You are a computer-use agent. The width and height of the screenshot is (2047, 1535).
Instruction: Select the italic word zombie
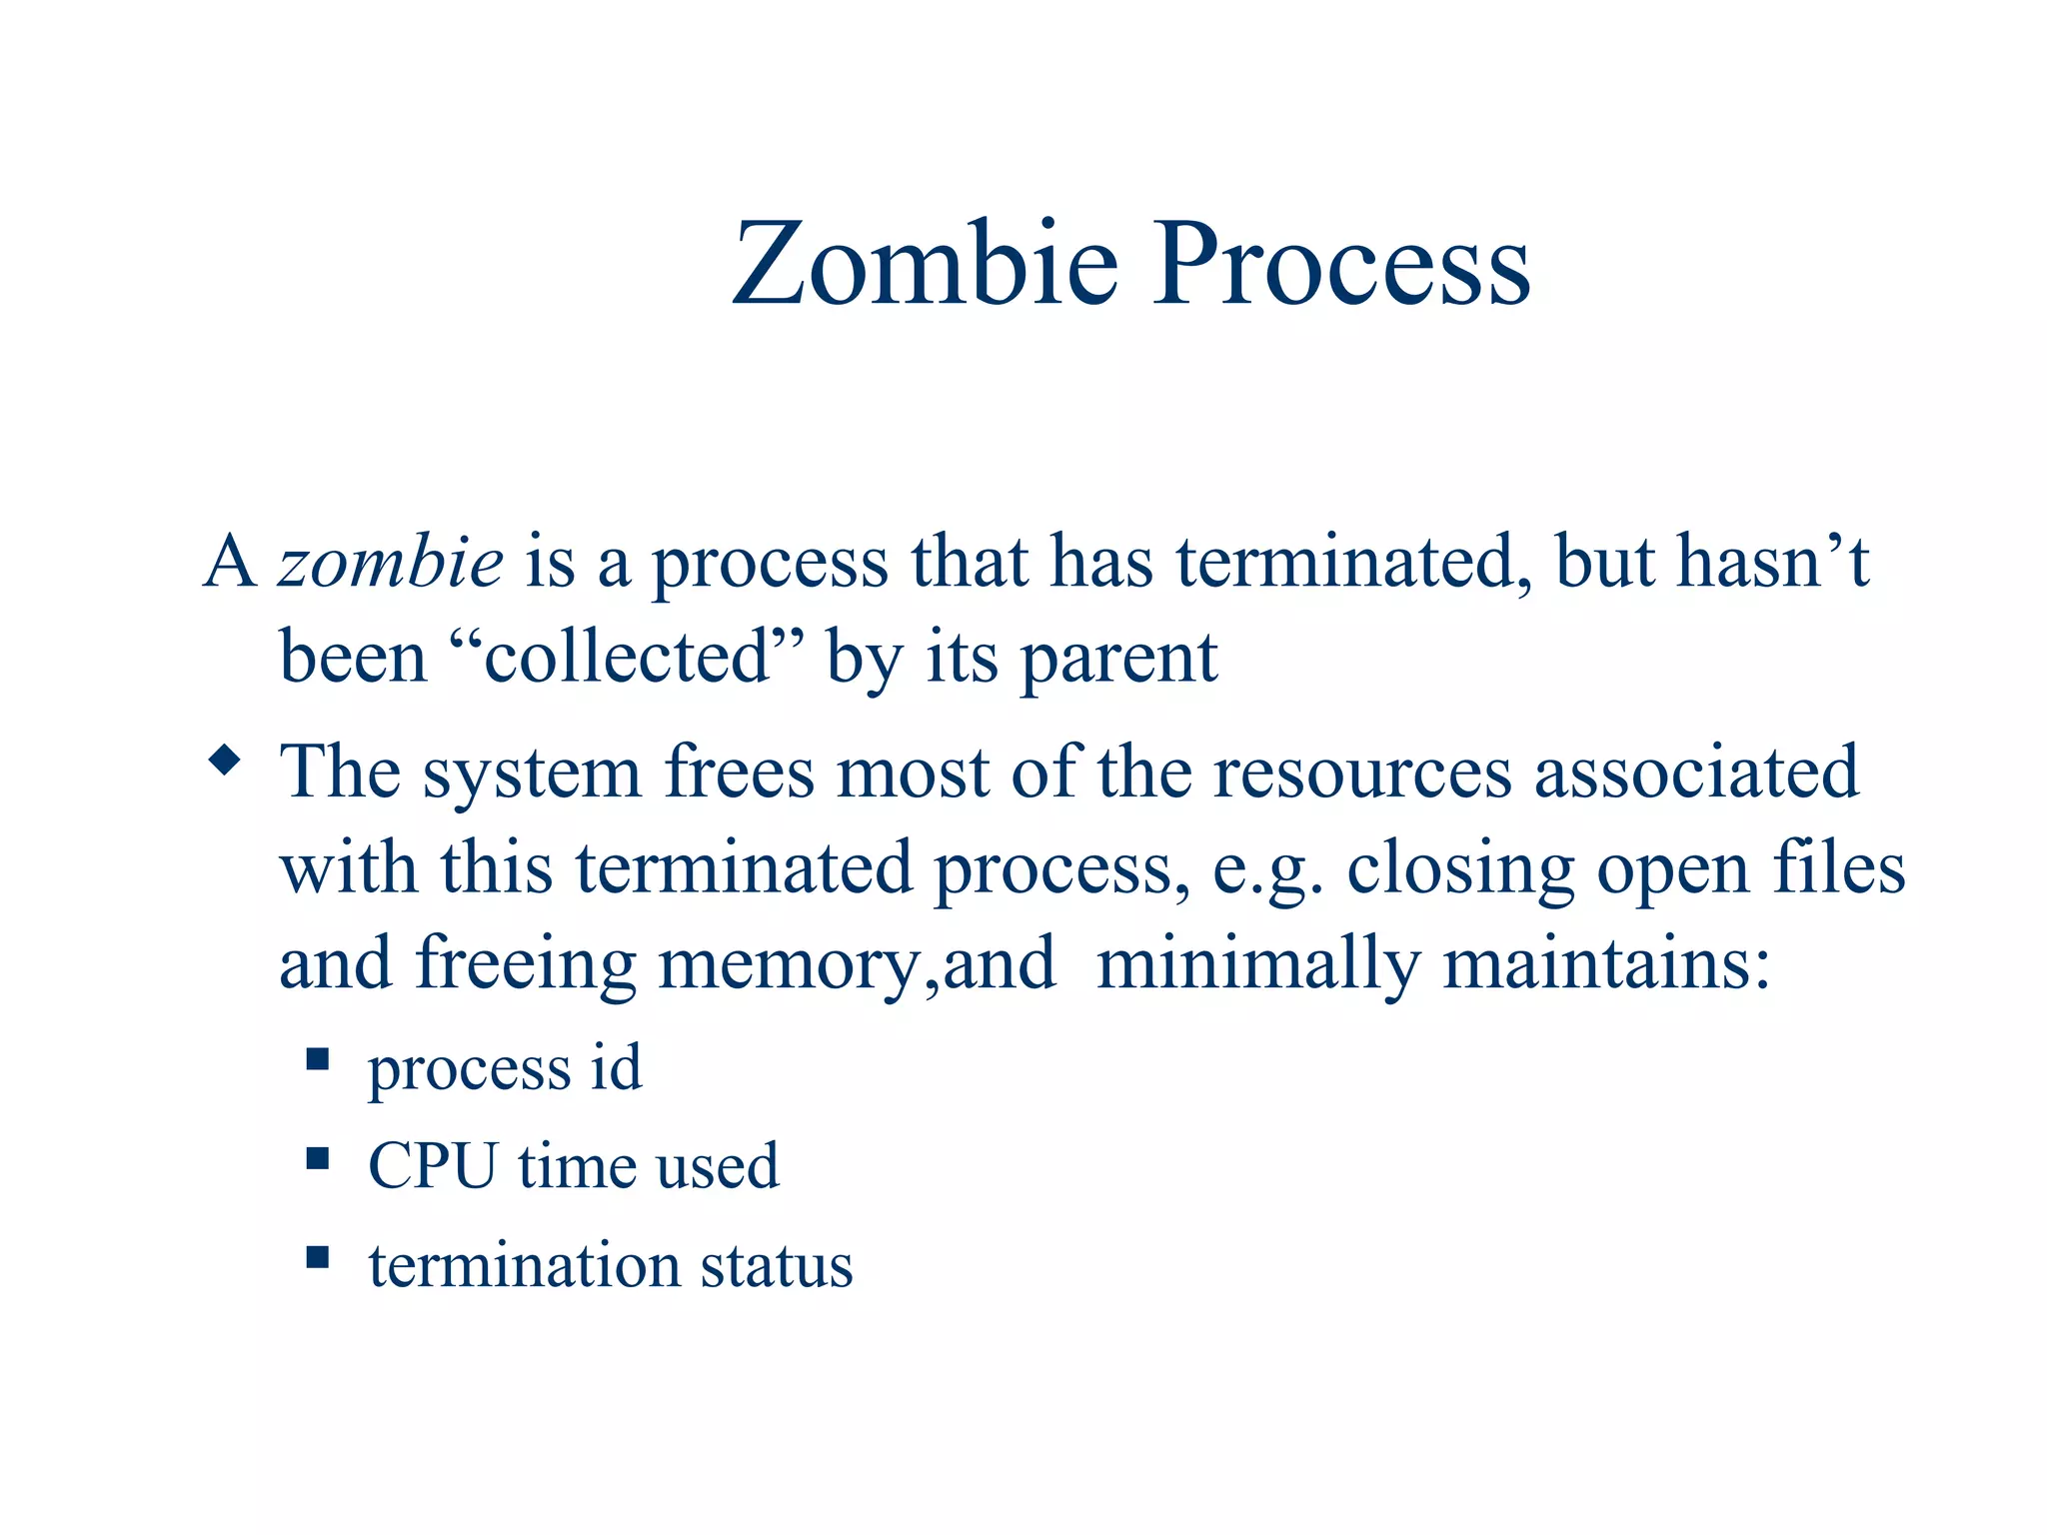point(390,562)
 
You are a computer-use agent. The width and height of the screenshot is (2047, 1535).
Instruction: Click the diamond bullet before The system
point(225,761)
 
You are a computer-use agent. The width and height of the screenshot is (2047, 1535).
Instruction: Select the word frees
point(740,771)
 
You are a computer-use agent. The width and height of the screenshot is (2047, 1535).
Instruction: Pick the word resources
point(1362,771)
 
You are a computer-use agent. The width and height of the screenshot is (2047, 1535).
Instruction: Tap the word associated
point(1696,771)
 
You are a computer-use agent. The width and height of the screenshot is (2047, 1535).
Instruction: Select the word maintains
point(1606,963)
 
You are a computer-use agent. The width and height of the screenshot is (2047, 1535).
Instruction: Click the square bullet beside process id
point(318,1059)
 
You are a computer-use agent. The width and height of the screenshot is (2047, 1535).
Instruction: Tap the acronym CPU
point(432,1165)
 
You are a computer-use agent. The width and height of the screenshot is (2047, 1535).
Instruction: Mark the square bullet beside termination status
point(318,1256)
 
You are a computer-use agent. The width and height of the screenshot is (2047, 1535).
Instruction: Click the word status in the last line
point(776,1265)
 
